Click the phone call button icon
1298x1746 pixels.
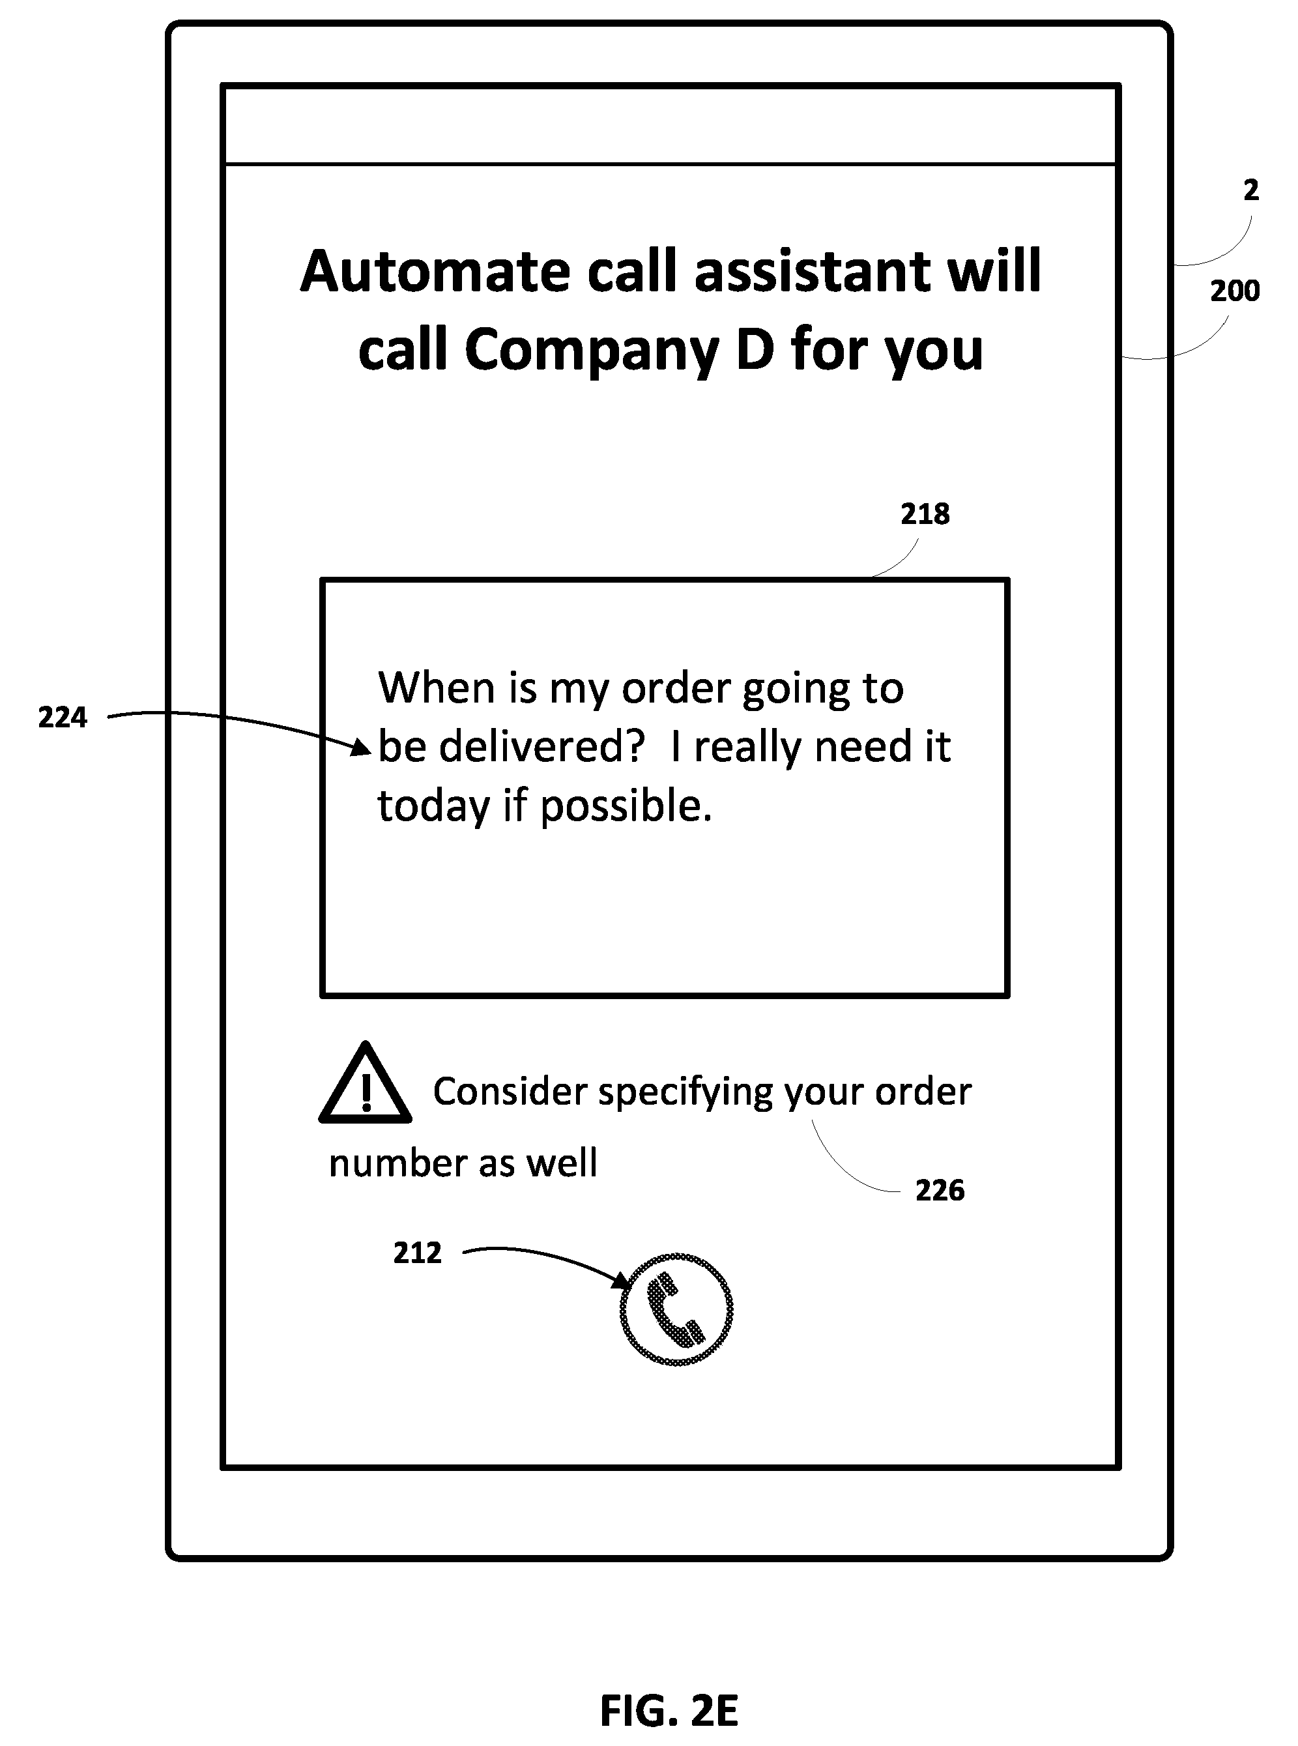pos(676,1310)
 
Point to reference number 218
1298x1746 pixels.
pos(925,515)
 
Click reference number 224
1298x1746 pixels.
pos(63,718)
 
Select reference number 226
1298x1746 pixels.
pos(940,1191)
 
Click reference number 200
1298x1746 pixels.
pos(1234,291)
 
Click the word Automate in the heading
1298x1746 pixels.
pos(435,271)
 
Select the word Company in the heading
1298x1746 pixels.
pos(591,352)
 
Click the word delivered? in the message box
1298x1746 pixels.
pos(542,746)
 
